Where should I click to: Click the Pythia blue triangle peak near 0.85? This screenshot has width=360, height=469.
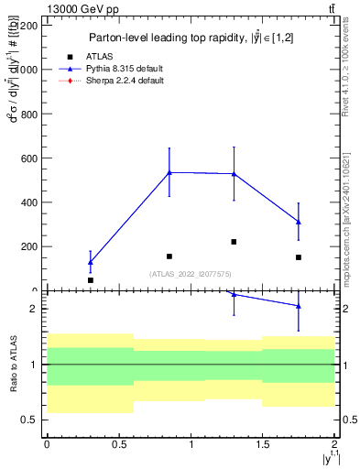[x=169, y=171]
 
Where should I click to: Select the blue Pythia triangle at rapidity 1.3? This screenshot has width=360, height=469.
[x=235, y=173]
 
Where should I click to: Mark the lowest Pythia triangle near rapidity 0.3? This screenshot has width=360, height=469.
[x=90, y=262]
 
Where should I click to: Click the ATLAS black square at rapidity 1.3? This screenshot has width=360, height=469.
[x=235, y=242]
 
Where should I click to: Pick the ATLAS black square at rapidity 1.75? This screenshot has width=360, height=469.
[x=299, y=257]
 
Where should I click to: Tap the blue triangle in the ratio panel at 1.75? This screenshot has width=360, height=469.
[x=299, y=306]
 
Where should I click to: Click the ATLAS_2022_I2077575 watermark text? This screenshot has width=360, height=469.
[x=190, y=274]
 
